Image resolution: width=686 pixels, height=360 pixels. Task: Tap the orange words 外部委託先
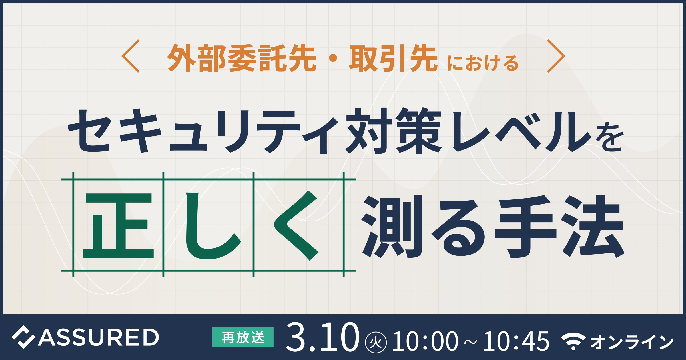[x=242, y=58]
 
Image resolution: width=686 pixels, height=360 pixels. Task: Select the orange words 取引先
[x=393, y=58]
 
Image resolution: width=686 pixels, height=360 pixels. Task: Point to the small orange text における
[x=483, y=63]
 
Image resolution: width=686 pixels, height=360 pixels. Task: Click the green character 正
[x=118, y=225]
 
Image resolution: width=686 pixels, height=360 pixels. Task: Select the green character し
[x=213, y=226]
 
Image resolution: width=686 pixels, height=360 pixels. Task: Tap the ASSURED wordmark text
[x=98, y=337]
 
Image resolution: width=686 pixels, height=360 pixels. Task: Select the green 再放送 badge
[x=243, y=337]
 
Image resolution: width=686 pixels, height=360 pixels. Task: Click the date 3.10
[x=323, y=337]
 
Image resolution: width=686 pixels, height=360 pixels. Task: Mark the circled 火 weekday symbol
[x=376, y=342]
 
